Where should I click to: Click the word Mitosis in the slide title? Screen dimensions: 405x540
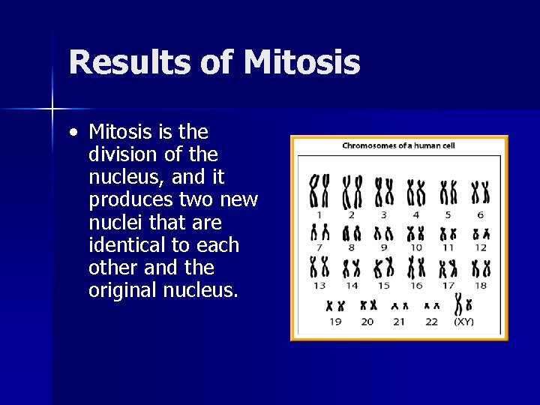(301, 62)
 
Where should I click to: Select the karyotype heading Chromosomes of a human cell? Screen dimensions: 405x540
(399, 145)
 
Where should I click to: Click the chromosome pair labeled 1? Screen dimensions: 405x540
(319, 190)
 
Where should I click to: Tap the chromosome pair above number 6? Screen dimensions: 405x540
(481, 191)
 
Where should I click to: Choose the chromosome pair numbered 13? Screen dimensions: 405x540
(319, 266)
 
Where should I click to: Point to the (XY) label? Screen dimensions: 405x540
(463, 322)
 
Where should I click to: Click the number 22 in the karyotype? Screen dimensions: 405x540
(431, 322)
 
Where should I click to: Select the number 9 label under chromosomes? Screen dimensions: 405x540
(384, 247)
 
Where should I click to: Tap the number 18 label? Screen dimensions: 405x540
(481, 285)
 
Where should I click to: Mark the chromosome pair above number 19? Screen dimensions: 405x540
(334, 305)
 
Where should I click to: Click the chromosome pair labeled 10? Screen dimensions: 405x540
(416, 233)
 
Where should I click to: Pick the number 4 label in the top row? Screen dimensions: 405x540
(416, 215)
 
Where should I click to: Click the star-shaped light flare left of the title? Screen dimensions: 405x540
(52, 109)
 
